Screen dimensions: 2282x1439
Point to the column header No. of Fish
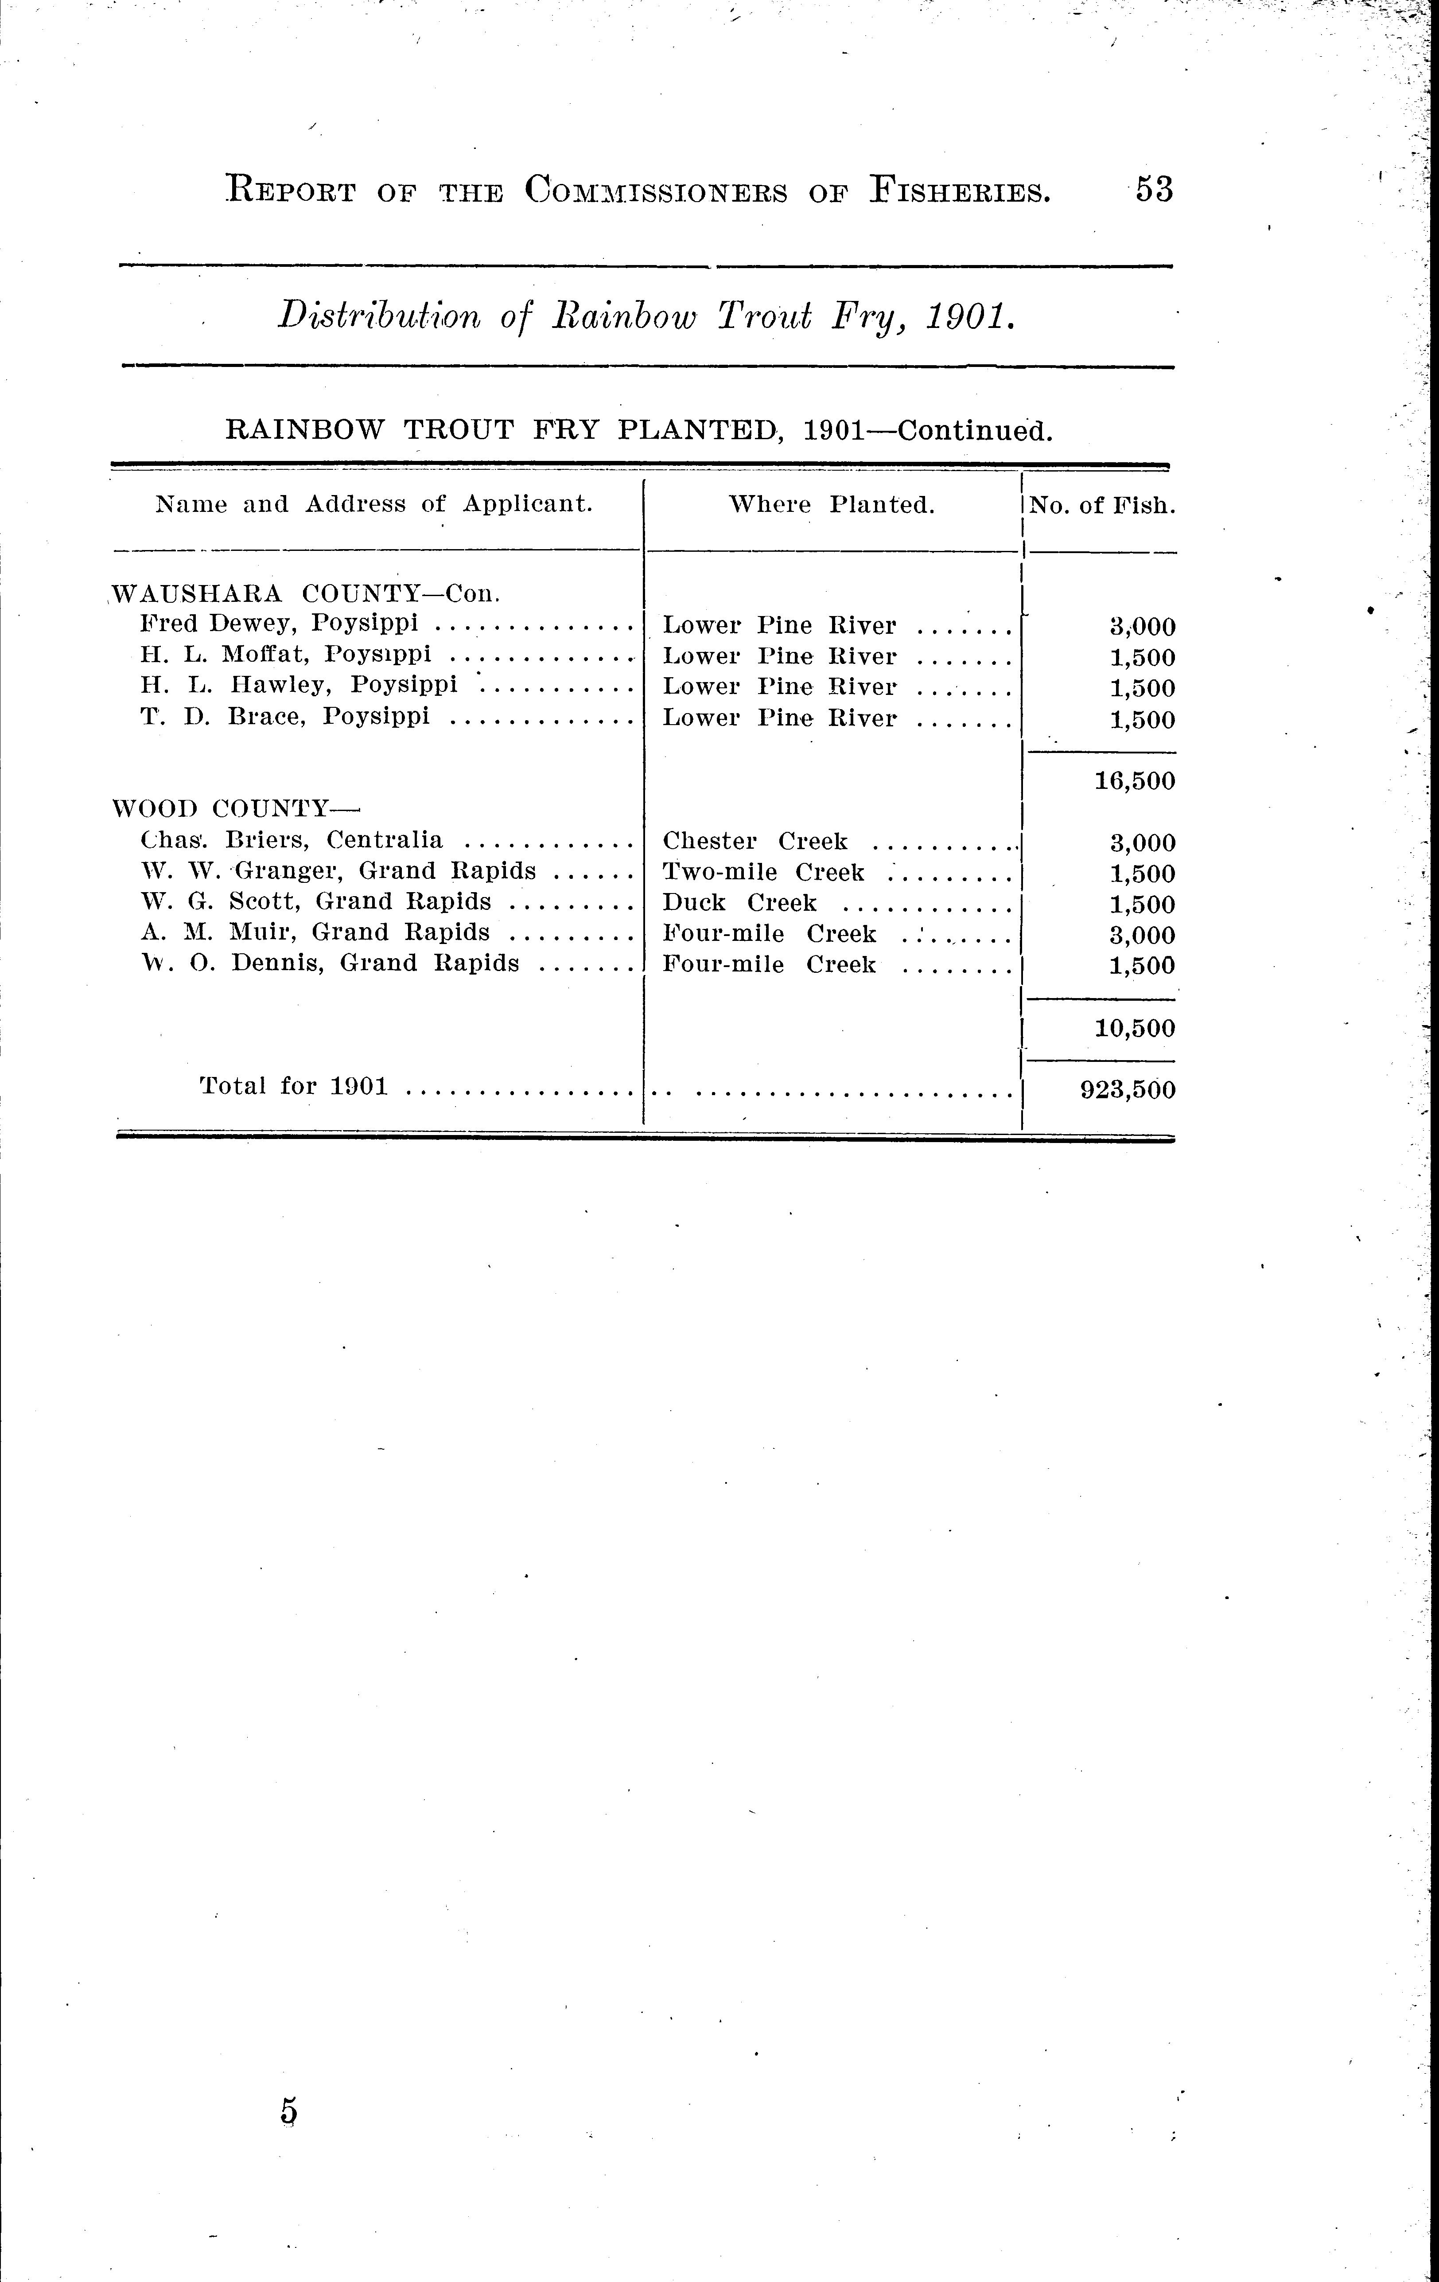click(x=1102, y=505)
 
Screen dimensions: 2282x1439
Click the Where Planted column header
click(x=831, y=505)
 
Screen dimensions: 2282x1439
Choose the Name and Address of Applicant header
click(x=374, y=504)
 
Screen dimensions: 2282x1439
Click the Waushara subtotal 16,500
click(x=1134, y=782)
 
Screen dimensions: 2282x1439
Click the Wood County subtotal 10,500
click(x=1134, y=1028)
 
